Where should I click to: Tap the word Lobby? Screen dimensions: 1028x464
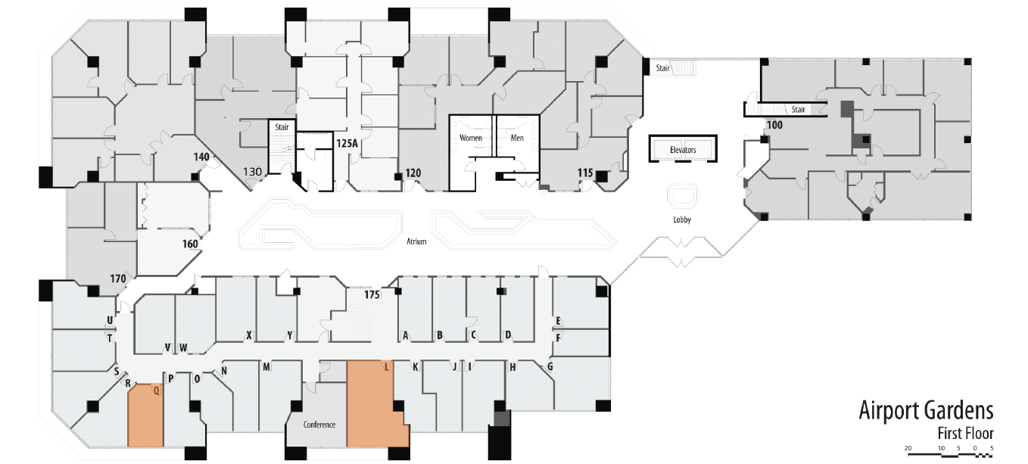(682, 220)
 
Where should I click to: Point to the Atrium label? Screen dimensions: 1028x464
(416, 241)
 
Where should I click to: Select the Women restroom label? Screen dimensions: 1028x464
(471, 138)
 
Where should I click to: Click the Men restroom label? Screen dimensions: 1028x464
(517, 138)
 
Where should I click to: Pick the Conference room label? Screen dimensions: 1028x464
(319, 425)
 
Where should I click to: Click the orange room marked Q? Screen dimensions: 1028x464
(145, 416)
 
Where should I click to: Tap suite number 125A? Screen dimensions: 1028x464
(347, 144)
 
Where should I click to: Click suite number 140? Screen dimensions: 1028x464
(201, 157)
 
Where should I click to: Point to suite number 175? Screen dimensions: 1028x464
(372, 294)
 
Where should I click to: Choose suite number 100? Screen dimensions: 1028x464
(774, 125)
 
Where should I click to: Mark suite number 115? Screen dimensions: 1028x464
(585, 173)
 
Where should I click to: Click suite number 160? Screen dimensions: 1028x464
(190, 244)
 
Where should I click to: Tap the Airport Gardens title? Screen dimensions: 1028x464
(926, 411)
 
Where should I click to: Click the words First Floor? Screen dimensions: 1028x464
(966, 434)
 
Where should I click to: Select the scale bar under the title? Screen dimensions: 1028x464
(950, 455)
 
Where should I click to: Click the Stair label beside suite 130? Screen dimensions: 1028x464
(282, 127)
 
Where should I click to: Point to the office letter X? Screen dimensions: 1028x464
(249, 335)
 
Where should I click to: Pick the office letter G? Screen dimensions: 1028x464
(550, 366)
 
